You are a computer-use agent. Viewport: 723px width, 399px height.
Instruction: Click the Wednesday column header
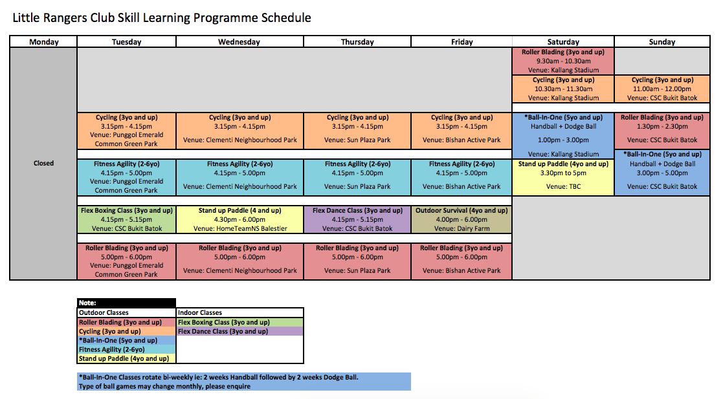pos(239,41)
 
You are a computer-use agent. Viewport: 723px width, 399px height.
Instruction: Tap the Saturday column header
pos(563,41)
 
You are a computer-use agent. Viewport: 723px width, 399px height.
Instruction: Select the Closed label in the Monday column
pos(43,163)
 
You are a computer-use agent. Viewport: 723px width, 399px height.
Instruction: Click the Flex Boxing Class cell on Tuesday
pos(127,219)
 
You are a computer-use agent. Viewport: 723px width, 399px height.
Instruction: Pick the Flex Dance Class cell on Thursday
pos(357,219)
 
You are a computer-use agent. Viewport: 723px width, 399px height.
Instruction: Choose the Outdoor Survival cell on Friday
pos(462,219)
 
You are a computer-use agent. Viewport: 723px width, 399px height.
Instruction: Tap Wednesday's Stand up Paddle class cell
pos(239,219)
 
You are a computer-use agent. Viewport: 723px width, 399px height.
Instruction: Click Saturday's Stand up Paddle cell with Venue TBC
pos(563,177)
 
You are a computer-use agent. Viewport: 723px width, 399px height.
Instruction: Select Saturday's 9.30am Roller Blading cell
pos(563,61)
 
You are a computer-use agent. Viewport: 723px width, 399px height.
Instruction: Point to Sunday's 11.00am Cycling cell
pos(662,89)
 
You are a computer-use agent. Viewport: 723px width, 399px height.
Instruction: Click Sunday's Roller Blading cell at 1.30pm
pos(662,131)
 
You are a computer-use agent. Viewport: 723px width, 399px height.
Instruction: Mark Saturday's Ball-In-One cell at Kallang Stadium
pos(563,135)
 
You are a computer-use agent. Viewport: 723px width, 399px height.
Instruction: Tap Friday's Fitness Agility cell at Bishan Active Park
pos(462,177)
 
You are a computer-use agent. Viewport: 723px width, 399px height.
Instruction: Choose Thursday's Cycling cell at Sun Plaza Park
pos(357,131)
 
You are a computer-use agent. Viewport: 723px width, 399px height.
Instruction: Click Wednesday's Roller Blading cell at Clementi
pos(239,261)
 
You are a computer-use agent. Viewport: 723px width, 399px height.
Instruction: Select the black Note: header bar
pos(126,303)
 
